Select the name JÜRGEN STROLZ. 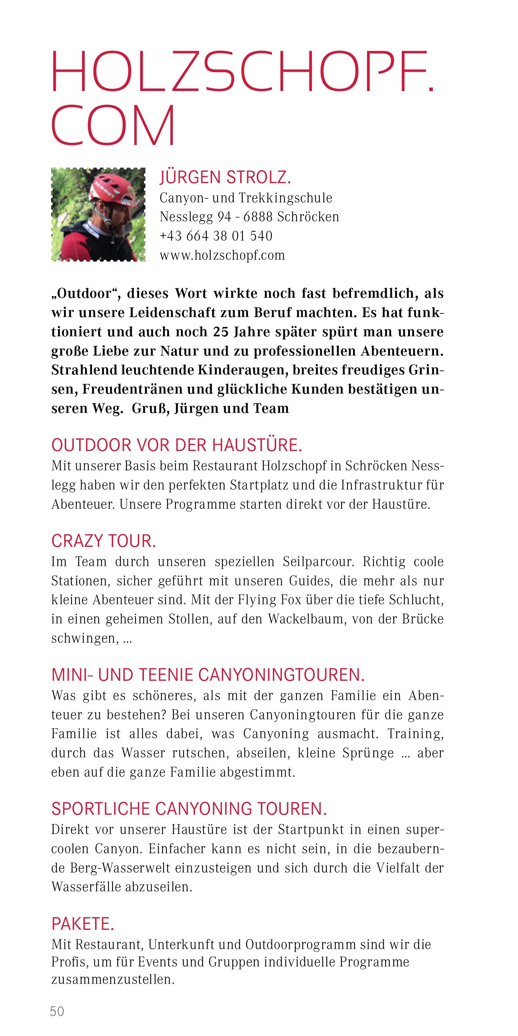(x=225, y=177)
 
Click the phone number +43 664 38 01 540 (x=216, y=236)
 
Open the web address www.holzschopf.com (x=222, y=255)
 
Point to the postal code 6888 (x=258, y=217)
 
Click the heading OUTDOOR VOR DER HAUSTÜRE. (x=176, y=445)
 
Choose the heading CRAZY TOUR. (x=103, y=541)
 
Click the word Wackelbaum (x=306, y=619)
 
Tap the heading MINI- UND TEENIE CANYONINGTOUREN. (x=208, y=675)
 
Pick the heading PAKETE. (x=83, y=924)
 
